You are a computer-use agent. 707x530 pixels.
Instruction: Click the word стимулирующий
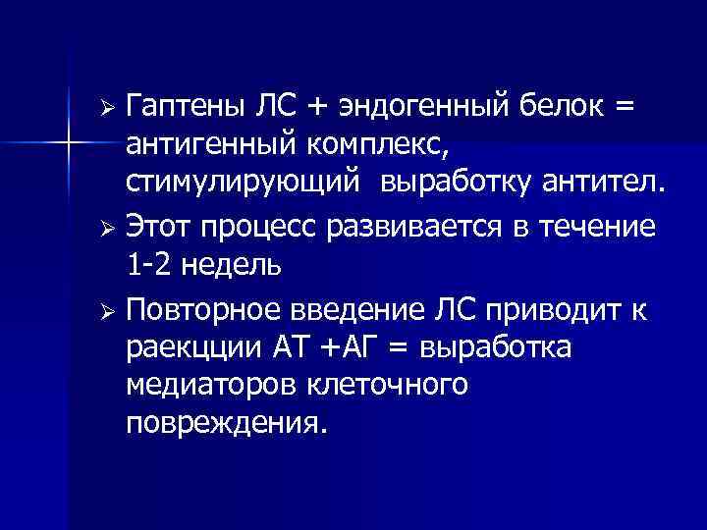239,182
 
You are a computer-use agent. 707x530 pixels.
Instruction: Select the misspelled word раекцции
193,349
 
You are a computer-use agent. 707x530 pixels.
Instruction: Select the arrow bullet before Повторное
111,311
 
